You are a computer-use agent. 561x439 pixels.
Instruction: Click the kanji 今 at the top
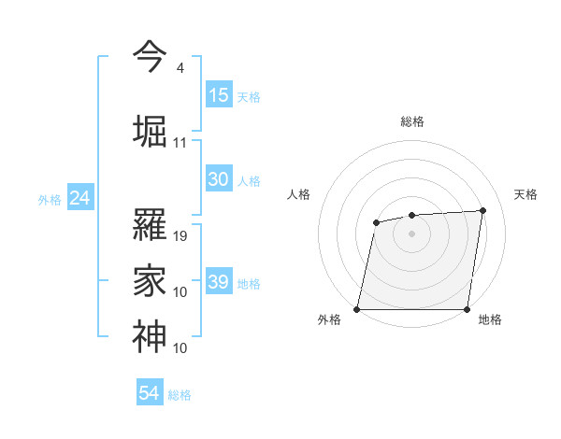tap(150, 57)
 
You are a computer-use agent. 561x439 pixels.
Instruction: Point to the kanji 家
tap(150, 277)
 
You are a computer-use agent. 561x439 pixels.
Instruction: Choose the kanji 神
tap(150, 334)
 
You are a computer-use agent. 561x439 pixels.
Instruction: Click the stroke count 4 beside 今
tap(180, 68)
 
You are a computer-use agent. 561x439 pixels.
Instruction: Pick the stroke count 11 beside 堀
tap(180, 143)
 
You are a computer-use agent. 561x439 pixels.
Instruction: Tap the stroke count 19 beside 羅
tap(180, 235)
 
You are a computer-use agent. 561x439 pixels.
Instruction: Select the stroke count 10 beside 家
tap(180, 292)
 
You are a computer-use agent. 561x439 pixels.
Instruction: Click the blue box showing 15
tap(219, 95)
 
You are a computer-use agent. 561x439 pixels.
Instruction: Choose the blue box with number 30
tap(219, 179)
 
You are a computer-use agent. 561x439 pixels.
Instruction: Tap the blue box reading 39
tap(219, 282)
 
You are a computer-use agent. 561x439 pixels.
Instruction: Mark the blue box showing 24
tap(80, 198)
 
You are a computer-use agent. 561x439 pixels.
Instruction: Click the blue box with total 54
tap(150, 393)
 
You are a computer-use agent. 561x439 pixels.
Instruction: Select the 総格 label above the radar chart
tap(412, 121)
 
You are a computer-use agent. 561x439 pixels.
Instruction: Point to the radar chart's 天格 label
tap(526, 194)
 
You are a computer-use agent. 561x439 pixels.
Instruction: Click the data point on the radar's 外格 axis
tap(357, 309)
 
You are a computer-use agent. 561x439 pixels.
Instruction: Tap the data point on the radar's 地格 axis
tap(467, 309)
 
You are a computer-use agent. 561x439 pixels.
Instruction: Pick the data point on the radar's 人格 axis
tap(376, 222)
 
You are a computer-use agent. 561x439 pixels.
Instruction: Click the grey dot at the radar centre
tap(412, 233)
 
